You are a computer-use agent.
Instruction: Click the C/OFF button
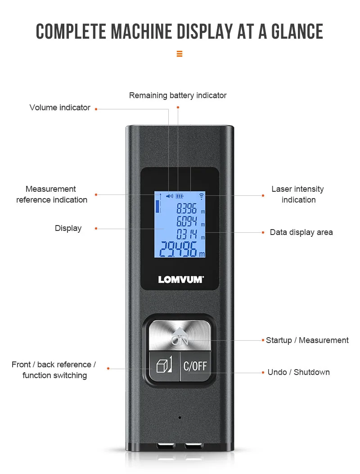[x=195, y=366]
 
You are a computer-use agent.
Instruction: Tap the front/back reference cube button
[x=164, y=366]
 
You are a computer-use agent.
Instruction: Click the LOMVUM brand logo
[x=180, y=280]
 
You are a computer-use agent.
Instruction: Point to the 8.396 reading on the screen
[x=186, y=208]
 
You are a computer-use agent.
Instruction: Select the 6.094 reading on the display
[x=186, y=221]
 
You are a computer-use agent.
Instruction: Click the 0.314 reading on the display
[x=186, y=234]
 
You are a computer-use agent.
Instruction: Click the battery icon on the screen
[x=180, y=196]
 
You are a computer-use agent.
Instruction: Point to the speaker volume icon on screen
[x=169, y=196]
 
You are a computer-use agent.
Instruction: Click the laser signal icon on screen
[x=201, y=196]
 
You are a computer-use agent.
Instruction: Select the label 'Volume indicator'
[x=60, y=108]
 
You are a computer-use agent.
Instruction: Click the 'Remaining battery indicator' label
[x=178, y=95]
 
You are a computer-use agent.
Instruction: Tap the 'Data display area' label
[x=301, y=232]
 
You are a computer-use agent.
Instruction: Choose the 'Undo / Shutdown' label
[x=298, y=372]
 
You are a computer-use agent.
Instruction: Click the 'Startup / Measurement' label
[x=307, y=340]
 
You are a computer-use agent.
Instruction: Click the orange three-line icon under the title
[x=180, y=54]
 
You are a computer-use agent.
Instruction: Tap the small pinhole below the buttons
[x=180, y=417]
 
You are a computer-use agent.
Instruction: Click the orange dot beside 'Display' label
[x=96, y=229]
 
